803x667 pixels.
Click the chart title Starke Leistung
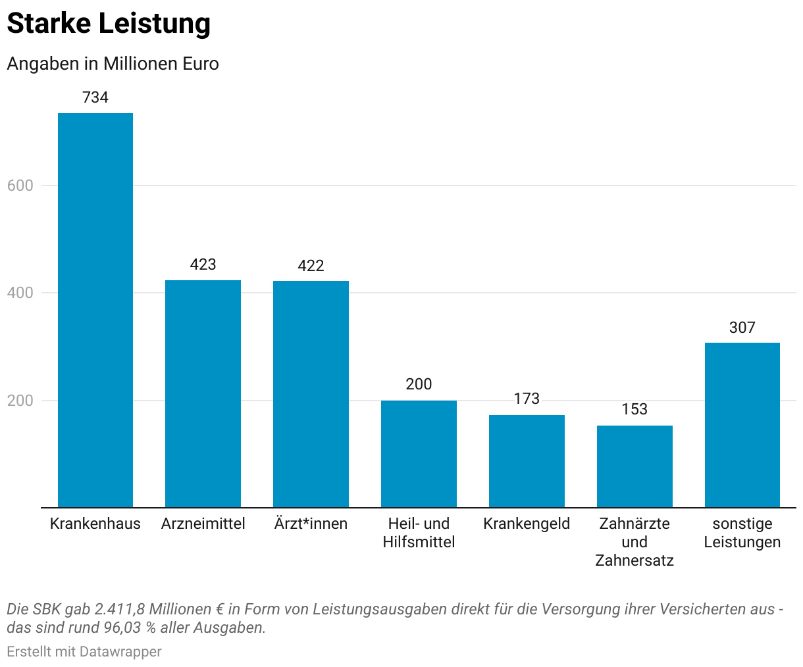pos(109,24)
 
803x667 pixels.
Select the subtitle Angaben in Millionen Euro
pos(113,64)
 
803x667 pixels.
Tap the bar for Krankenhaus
pos(95,310)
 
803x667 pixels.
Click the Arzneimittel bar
pos(203,393)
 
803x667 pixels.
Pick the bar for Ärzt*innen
pos(311,394)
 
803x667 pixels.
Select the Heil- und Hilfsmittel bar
pos(419,454)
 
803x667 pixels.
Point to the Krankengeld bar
pos(527,461)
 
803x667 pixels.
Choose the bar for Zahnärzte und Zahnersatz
pos(635,466)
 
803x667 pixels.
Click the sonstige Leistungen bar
pos(742,425)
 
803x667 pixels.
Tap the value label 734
pos(95,97)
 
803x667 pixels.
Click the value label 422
pos(311,266)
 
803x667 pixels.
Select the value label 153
pos(635,409)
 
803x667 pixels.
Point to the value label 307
pos(742,328)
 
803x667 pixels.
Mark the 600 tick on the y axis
pos(20,185)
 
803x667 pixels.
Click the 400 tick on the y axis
pos(20,293)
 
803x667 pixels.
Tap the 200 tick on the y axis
pos(20,401)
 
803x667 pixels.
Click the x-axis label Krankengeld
pos(527,524)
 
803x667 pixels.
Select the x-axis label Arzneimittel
pos(203,524)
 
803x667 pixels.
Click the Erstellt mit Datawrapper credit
pos(84,652)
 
